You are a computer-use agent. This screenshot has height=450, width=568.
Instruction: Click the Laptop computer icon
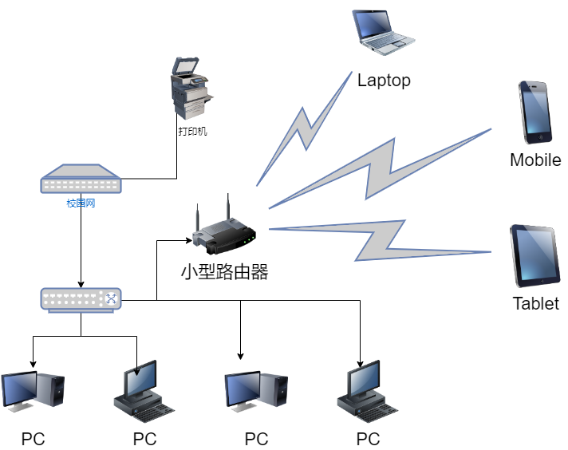pyautogui.click(x=384, y=31)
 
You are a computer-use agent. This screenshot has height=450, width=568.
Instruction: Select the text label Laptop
pyautogui.click(x=384, y=80)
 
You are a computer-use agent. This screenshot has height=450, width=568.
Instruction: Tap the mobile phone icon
pyautogui.click(x=534, y=111)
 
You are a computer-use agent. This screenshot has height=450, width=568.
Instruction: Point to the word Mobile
pyautogui.click(x=535, y=160)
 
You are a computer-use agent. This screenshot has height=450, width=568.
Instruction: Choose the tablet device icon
pyautogui.click(x=534, y=256)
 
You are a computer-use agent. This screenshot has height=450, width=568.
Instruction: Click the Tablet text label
pyautogui.click(x=535, y=303)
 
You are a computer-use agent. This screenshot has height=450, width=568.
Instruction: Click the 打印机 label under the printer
pyautogui.click(x=192, y=132)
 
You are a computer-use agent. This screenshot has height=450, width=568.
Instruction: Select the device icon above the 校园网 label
pyautogui.click(x=81, y=180)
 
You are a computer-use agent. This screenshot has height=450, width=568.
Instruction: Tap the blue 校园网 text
pyautogui.click(x=81, y=203)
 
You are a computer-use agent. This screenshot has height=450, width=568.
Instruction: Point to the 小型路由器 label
pyautogui.click(x=224, y=272)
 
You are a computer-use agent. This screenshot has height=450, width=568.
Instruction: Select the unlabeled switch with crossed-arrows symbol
pyautogui.click(x=81, y=299)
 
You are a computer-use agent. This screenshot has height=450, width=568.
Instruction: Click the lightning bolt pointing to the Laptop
pyautogui.click(x=302, y=129)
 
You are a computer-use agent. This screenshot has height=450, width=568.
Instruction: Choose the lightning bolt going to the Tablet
pyautogui.click(x=383, y=239)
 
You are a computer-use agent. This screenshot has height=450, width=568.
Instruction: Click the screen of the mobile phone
pyautogui.click(x=535, y=109)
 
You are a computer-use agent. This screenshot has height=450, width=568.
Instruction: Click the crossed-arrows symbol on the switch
pyautogui.click(x=110, y=298)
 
